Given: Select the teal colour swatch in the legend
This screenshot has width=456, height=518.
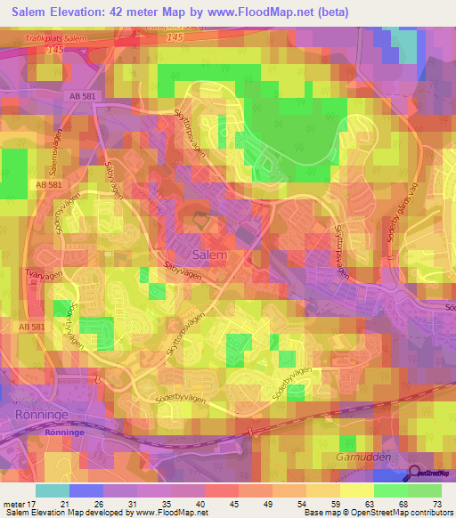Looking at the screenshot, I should (x=53, y=490).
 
